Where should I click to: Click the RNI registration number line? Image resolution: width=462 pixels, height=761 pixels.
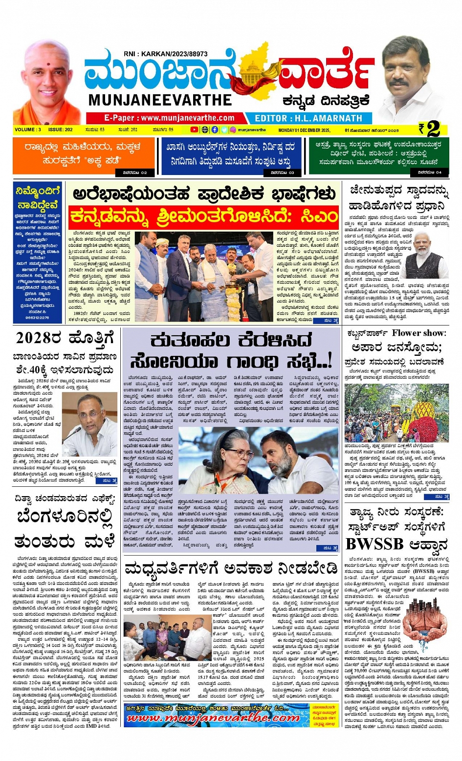[165, 54]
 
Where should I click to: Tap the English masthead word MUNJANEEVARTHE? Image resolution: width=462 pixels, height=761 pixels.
[160, 100]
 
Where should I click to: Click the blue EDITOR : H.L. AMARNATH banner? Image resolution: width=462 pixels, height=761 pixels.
[308, 118]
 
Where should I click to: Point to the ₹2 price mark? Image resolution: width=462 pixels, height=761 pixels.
[430, 129]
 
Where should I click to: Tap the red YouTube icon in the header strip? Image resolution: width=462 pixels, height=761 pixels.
[194, 130]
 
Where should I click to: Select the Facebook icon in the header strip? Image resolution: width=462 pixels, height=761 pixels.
[215, 130]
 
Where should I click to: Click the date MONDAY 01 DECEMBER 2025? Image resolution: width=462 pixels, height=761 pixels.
[304, 130]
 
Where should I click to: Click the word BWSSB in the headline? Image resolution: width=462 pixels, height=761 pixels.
[374, 544]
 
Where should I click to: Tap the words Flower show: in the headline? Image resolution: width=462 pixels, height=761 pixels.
[418, 333]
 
